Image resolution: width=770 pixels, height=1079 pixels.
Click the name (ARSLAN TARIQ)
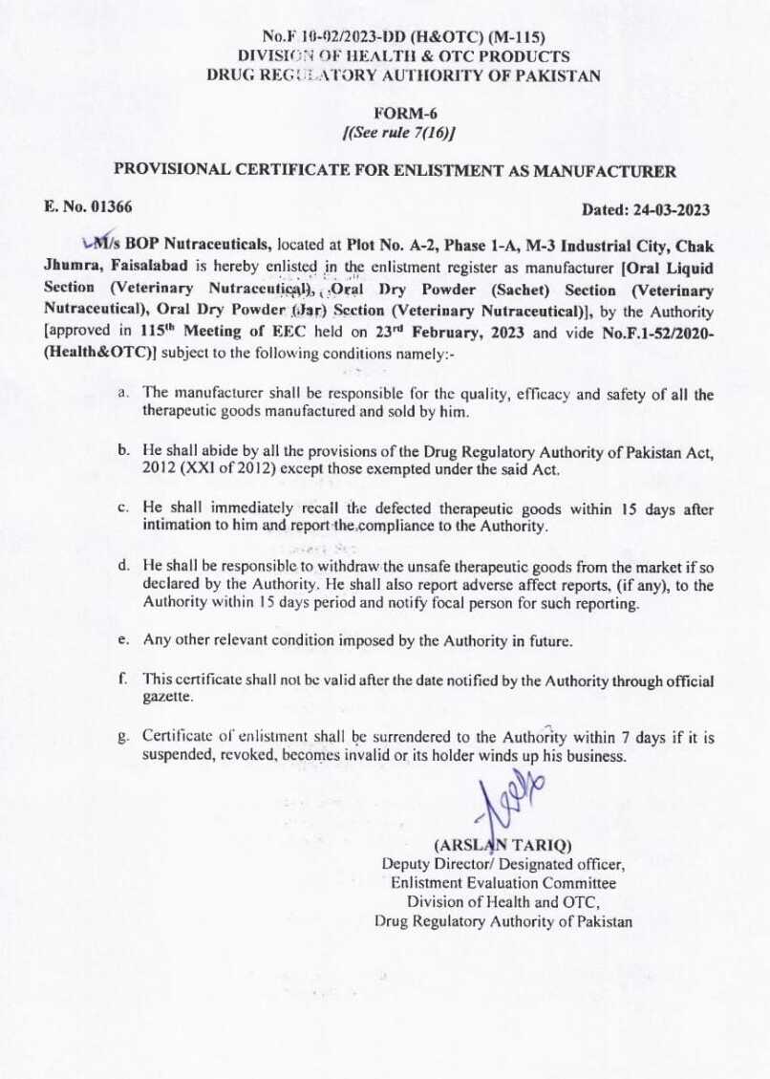tap(503, 845)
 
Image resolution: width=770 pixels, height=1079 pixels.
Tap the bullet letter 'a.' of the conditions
tap(124, 392)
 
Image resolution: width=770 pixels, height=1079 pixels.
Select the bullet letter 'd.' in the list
tap(124, 567)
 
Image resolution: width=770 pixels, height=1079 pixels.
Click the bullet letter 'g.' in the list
tap(124, 737)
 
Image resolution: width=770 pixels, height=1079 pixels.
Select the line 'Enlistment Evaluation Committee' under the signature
tap(503, 883)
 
